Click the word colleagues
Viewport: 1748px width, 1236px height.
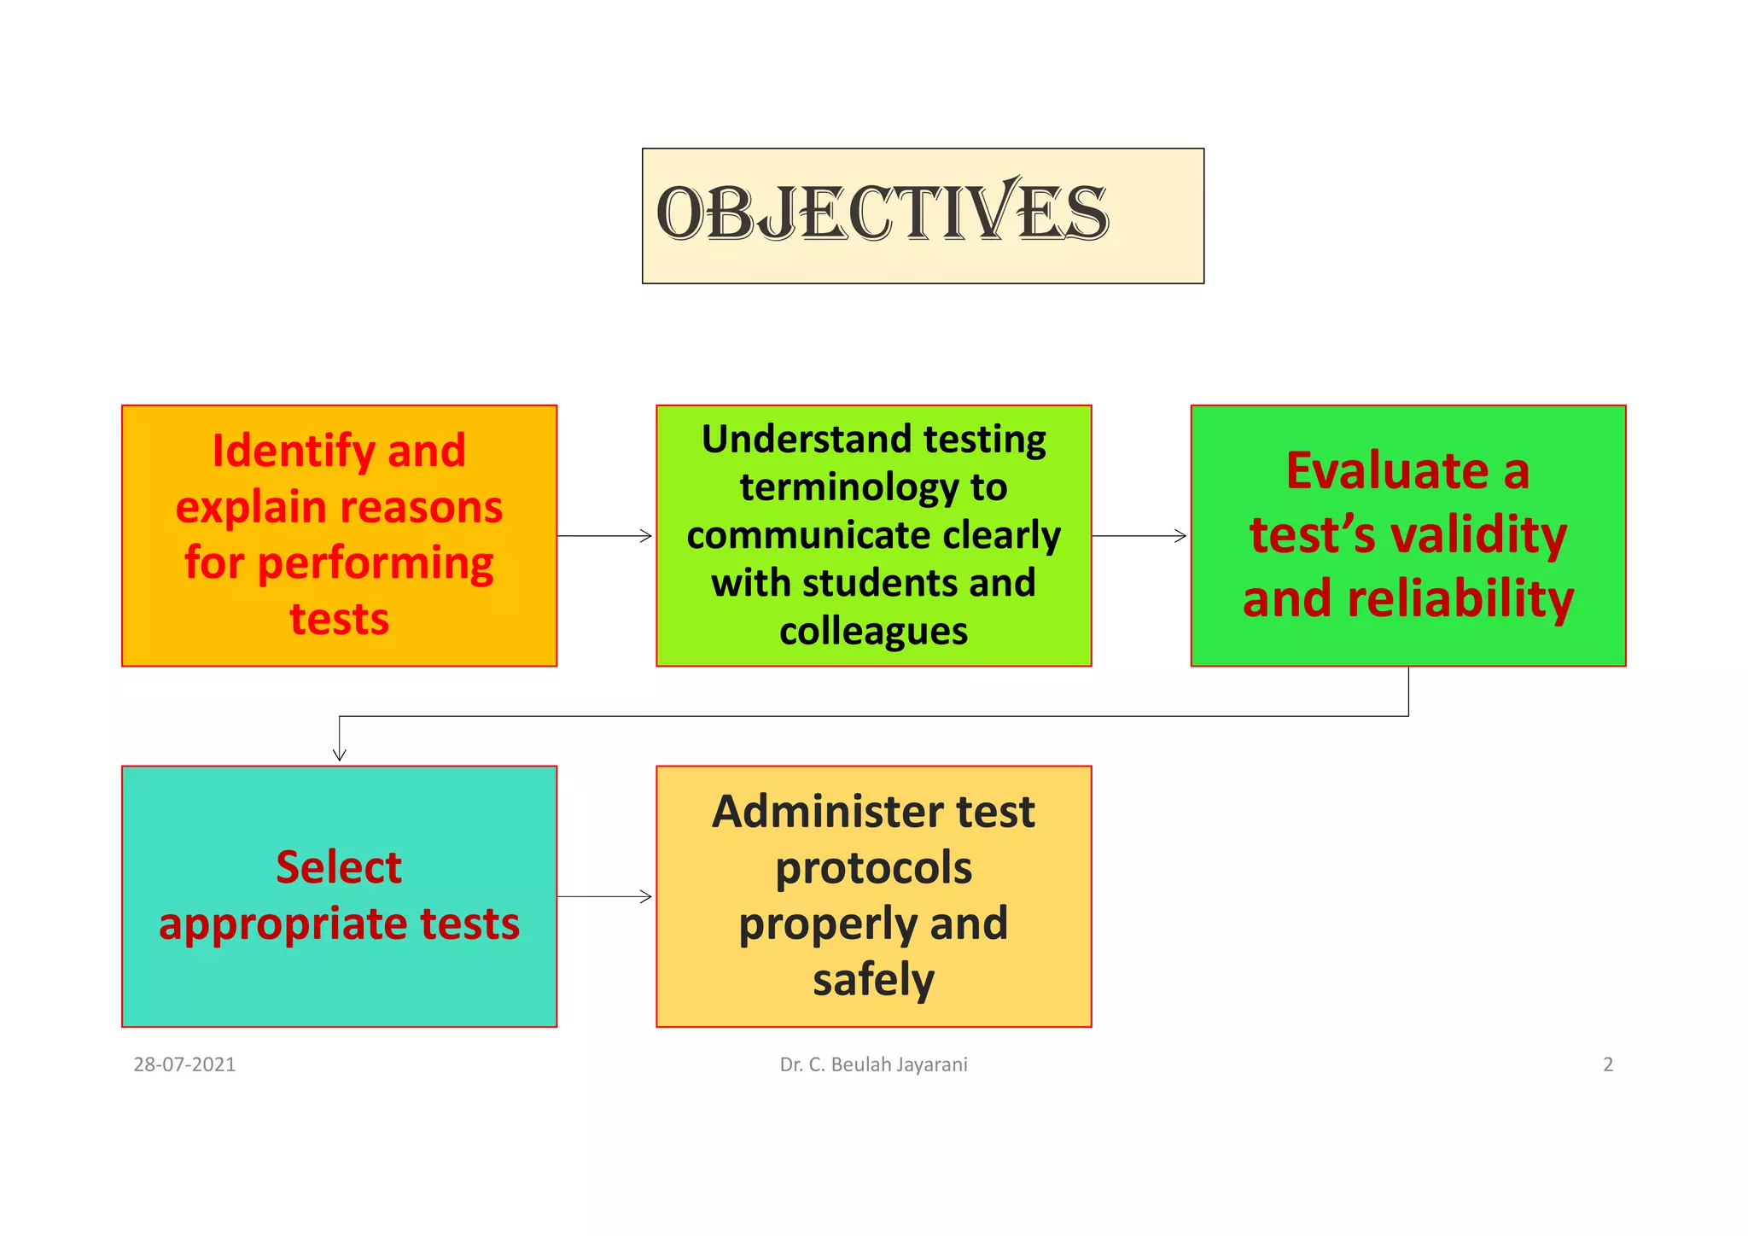coord(873,632)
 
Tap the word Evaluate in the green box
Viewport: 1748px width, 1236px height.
coord(1388,470)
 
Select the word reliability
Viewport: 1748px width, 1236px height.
coord(1460,598)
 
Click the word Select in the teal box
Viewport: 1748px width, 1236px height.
coord(339,867)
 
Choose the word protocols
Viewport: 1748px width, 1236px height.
coord(873,868)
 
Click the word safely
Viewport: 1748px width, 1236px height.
coord(873,980)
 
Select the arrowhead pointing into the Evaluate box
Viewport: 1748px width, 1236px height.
coord(1182,536)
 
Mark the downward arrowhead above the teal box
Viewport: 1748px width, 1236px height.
coord(339,756)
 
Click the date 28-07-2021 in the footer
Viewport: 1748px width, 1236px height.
coord(184,1064)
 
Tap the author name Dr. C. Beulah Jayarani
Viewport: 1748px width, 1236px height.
coord(873,1064)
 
